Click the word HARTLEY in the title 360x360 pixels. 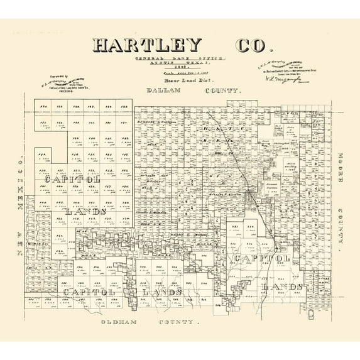[147, 45]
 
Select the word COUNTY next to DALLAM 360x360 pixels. [222, 91]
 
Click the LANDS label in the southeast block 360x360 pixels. [283, 287]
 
